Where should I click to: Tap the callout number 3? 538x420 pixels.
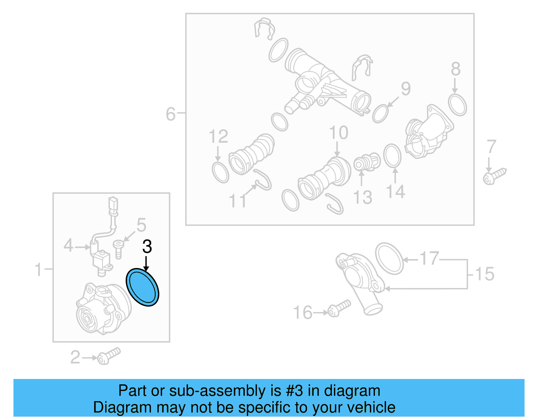click(x=147, y=247)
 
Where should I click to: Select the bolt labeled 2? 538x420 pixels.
click(x=108, y=356)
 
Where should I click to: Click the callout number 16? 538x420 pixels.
click(x=303, y=313)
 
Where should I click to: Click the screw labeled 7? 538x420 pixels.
click(x=494, y=176)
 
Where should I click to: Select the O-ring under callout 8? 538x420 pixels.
click(x=458, y=105)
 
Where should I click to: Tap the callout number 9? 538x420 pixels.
click(x=406, y=89)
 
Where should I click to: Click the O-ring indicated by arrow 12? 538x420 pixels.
click(x=220, y=173)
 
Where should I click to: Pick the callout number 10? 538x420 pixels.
click(x=338, y=133)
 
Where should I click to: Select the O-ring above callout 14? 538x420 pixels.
click(x=392, y=156)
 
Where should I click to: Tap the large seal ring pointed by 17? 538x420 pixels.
click(x=389, y=259)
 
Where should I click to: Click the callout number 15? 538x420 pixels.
click(x=485, y=274)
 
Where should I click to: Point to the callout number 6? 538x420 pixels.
click(x=170, y=114)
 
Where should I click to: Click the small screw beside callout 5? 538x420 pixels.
click(x=118, y=249)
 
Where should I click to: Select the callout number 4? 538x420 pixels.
click(x=68, y=245)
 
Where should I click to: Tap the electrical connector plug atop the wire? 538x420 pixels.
click(x=113, y=204)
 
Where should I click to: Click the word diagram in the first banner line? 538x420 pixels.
click(x=352, y=391)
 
